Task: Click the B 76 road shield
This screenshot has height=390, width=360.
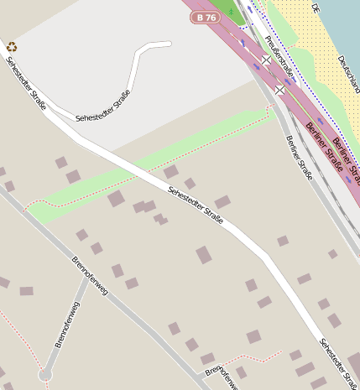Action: [x=205, y=17]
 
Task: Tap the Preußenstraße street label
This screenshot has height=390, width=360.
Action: [x=279, y=56]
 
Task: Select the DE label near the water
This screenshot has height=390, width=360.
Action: [x=316, y=8]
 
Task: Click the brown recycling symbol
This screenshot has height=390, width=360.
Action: [x=12, y=47]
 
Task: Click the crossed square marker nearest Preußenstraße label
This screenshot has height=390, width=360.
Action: [x=266, y=60]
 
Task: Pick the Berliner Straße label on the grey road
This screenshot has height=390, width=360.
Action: [x=299, y=158]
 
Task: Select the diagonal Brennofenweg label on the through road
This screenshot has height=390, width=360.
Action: [x=89, y=276]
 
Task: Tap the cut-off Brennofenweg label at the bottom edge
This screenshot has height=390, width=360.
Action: [x=222, y=377]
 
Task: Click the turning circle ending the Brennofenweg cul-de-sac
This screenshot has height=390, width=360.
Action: [x=45, y=374]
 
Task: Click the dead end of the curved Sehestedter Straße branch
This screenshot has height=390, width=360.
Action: [x=170, y=43]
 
